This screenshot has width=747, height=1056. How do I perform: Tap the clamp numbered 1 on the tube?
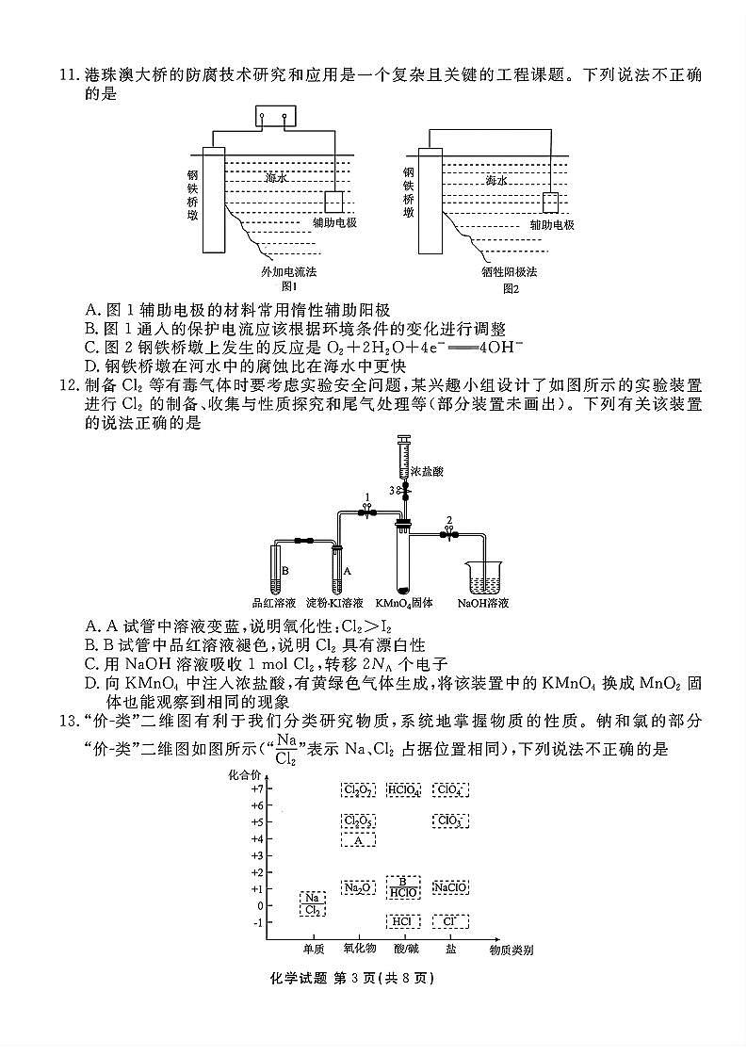click(367, 511)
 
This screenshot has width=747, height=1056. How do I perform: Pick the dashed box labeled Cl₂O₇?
click(358, 789)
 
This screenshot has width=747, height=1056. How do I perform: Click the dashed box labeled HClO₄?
click(403, 789)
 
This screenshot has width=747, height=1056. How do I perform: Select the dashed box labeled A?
click(358, 839)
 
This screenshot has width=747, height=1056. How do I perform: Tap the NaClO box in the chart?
click(450, 887)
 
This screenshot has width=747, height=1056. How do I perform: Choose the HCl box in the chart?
click(403, 921)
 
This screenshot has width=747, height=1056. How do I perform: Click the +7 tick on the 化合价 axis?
click(255, 789)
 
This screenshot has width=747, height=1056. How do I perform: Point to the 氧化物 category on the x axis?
click(359, 950)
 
